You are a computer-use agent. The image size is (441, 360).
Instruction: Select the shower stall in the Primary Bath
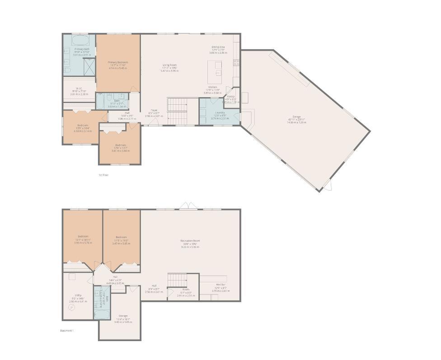pyautogui.click(x=89, y=66)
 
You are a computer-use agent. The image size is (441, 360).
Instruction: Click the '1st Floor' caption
pyautogui.click(x=103, y=175)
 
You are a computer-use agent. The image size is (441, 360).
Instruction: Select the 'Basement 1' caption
pyautogui.click(x=67, y=331)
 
